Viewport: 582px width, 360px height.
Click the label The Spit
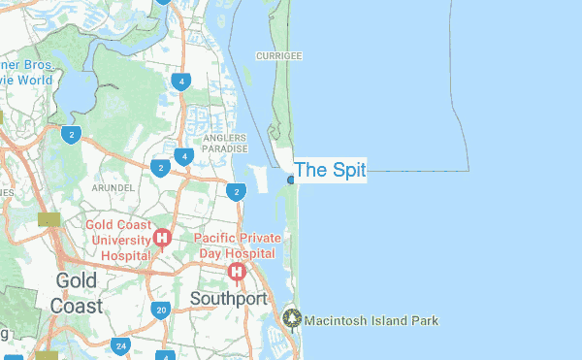point(330,171)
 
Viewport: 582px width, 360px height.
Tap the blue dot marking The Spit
point(291,180)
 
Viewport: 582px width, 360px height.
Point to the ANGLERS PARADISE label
point(226,144)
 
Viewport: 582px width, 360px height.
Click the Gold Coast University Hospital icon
point(162,238)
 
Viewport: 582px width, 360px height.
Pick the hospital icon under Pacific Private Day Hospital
point(236,272)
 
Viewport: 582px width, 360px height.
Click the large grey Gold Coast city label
point(76,292)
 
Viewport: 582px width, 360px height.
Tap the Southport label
point(228,298)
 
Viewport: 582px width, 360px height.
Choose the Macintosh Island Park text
point(372,320)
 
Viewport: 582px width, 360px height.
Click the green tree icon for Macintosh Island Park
point(293,318)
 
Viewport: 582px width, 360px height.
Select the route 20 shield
point(161,311)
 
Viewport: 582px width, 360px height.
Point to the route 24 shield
point(120,345)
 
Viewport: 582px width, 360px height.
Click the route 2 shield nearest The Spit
point(236,192)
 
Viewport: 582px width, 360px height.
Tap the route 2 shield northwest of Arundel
point(70,134)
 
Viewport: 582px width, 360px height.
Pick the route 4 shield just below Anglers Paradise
point(182,156)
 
